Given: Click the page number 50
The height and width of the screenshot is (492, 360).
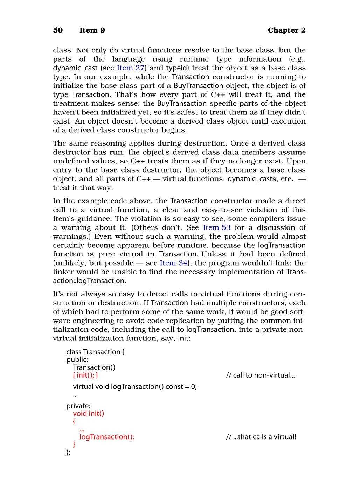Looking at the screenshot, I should pyautogui.click(x=58, y=30).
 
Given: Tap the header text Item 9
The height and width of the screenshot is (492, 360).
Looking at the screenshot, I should pyautogui.click(x=92, y=30).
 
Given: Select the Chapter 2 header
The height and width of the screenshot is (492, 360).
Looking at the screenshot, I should pyautogui.click(x=286, y=30).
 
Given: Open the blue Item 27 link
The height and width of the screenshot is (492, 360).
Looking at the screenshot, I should pyautogui.click(x=130, y=68).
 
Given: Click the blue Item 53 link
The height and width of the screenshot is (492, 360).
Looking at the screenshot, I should pyautogui.click(x=216, y=227).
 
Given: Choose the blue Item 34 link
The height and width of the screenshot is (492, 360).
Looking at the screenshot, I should pyautogui.click(x=173, y=263).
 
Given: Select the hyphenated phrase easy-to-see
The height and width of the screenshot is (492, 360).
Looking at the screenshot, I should pyautogui.click(x=222, y=210).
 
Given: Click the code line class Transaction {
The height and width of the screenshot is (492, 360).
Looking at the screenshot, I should pyautogui.click(x=95, y=352).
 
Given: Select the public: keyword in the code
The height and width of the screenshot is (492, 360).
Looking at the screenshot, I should pyautogui.click(x=77, y=359).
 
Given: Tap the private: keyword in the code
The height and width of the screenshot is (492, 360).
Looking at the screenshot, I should pyautogui.click(x=78, y=406).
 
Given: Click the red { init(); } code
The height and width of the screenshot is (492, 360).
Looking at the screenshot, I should pyautogui.click(x=85, y=375).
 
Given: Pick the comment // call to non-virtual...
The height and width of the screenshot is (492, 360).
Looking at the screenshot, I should pyautogui.click(x=260, y=375).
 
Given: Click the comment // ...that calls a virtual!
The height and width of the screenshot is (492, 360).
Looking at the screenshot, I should pyautogui.click(x=261, y=437).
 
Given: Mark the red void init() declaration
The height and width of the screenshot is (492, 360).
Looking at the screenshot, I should pyautogui.click(x=89, y=413).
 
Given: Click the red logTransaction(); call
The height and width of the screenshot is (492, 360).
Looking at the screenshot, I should pyautogui.click(x=107, y=437).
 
